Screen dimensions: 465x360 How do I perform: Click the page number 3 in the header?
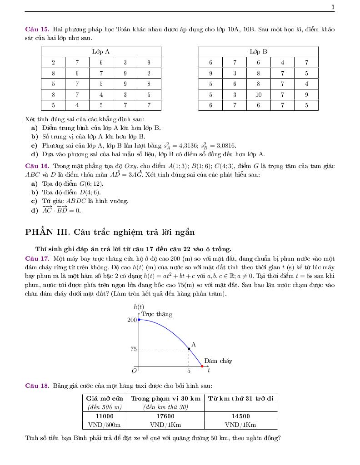click(333, 7)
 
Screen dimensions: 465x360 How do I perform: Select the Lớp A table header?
click(101, 52)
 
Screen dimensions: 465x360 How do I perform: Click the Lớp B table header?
click(258, 52)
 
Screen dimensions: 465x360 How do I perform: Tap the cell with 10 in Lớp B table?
click(258, 95)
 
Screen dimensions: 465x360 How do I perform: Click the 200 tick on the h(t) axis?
click(132, 320)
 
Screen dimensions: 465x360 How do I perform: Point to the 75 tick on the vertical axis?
click(133, 349)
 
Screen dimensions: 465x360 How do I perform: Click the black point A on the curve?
click(189, 349)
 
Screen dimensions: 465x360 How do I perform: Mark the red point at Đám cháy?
click(202, 366)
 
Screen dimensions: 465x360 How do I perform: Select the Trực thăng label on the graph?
click(157, 314)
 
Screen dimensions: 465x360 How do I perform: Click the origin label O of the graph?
click(134, 371)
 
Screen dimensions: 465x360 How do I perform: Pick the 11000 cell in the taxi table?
click(105, 416)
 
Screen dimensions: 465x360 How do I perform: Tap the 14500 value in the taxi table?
click(240, 416)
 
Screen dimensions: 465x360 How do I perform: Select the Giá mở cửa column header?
click(105, 398)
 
